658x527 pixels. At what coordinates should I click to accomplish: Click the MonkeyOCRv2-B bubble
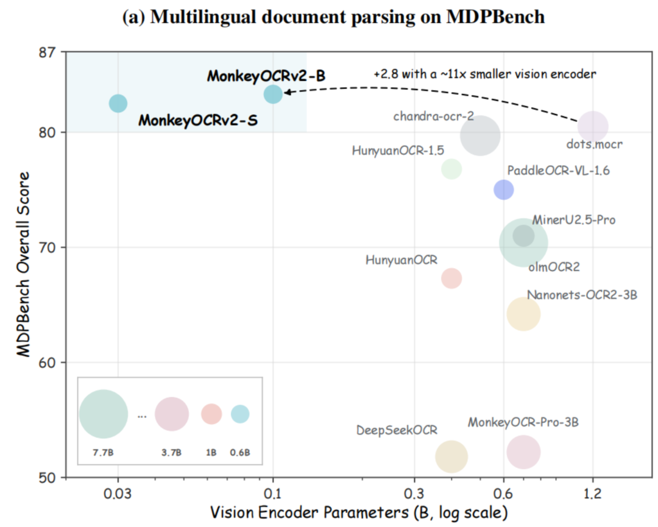pyautogui.click(x=273, y=94)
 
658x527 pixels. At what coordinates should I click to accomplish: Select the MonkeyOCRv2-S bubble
pyautogui.click(x=118, y=103)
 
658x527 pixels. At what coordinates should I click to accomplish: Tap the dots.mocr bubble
pyautogui.click(x=593, y=126)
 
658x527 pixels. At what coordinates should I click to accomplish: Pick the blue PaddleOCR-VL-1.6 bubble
pyautogui.click(x=504, y=189)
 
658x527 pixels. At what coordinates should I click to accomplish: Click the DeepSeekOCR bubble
pyautogui.click(x=451, y=456)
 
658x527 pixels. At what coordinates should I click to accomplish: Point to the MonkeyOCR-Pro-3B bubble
pyautogui.click(x=523, y=452)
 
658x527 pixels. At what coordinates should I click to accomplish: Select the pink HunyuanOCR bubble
pyautogui.click(x=451, y=278)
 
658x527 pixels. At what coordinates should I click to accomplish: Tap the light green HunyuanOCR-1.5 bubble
pyautogui.click(x=451, y=169)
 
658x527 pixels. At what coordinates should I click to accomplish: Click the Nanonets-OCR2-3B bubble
pyautogui.click(x=523, y=314)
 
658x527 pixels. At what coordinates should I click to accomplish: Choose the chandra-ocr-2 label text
pyautogui.click(x=434, y=116)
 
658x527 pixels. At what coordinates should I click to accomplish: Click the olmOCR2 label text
pyautogui.click(x=554, y=267)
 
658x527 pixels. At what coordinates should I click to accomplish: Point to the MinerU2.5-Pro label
pyautogui.click(x=574, y=220)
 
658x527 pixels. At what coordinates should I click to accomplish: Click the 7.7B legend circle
pyautogui.click(x=103, y=414)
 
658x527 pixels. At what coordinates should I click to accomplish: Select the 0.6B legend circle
pyautogui.click(x=240, y=414)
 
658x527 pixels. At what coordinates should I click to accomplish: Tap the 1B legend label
pyautogui.click(x=211, y=453)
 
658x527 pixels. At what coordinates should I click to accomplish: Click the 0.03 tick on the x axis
pyautogui.click(x=118, y=493)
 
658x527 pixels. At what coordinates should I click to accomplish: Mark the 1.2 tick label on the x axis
pyautogui.click(x=593, y=493)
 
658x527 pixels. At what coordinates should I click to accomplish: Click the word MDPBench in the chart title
pyautogui.click(x=495, y=17)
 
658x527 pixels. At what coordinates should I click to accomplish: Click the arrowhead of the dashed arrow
pyautogui.click(x=286, y=92)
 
